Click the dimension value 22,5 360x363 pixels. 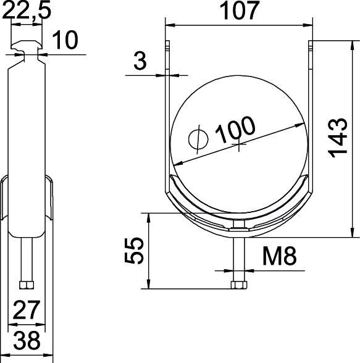(x=25, y=11)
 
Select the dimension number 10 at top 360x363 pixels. (x=64, y=41)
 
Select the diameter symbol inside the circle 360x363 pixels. (x=199, y=140)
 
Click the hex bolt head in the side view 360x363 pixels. (x=25, y=285)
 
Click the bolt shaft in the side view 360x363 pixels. (x=25, y=259)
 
